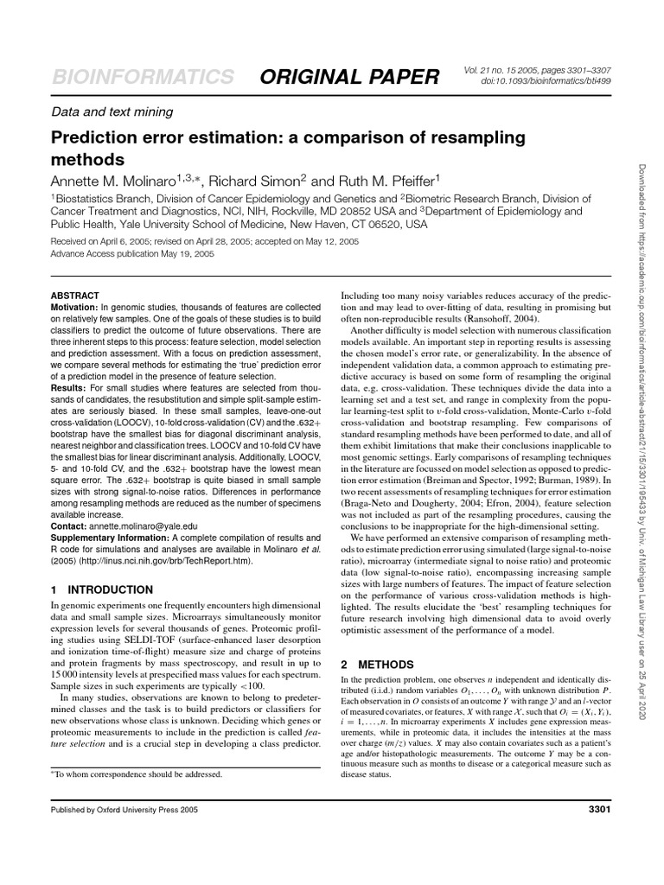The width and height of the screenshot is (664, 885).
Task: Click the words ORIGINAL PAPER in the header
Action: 350,77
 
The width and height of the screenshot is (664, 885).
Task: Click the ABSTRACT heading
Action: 75,296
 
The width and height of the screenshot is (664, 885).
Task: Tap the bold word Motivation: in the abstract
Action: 75,307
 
